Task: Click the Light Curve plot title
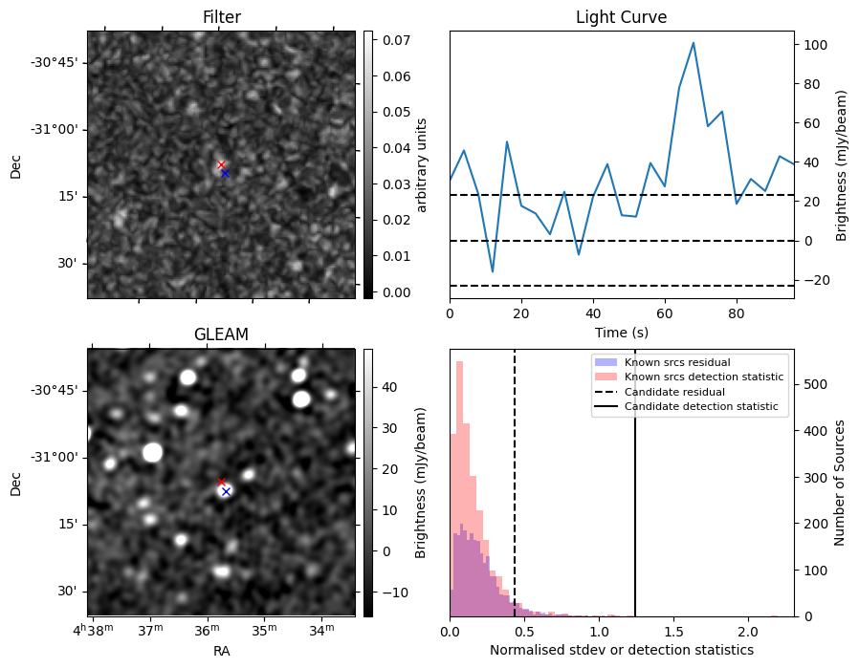coord(621,17)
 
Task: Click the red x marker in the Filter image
coord(221,165)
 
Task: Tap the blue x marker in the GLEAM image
coord(226,491)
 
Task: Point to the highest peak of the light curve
coord(693,43)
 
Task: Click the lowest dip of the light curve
coord(493,272)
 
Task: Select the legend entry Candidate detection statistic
coord(700,407)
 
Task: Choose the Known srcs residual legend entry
coord(676,362)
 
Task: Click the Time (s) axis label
coord(621,332)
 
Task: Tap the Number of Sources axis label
coord(840,483)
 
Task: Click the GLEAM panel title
coord(221,334)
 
